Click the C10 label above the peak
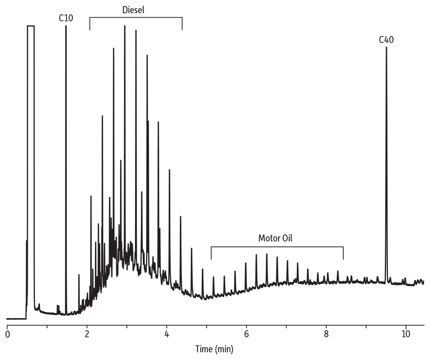click(66, 18)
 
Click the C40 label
click(386, 40)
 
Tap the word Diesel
click(133, 10)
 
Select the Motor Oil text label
click(276, 238)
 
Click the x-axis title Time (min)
click(214, 348)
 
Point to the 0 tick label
click(7, 334)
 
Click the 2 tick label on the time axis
click(87, 334)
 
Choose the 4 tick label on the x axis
click(167, 334)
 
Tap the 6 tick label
click(246, 334)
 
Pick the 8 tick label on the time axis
click(326, 334)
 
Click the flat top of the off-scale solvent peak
click(30, 26)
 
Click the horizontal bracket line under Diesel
click(136, 17)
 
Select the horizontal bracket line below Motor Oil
click(277, 247)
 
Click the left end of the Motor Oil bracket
click(211, 253)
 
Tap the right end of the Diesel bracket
click(182, 24)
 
